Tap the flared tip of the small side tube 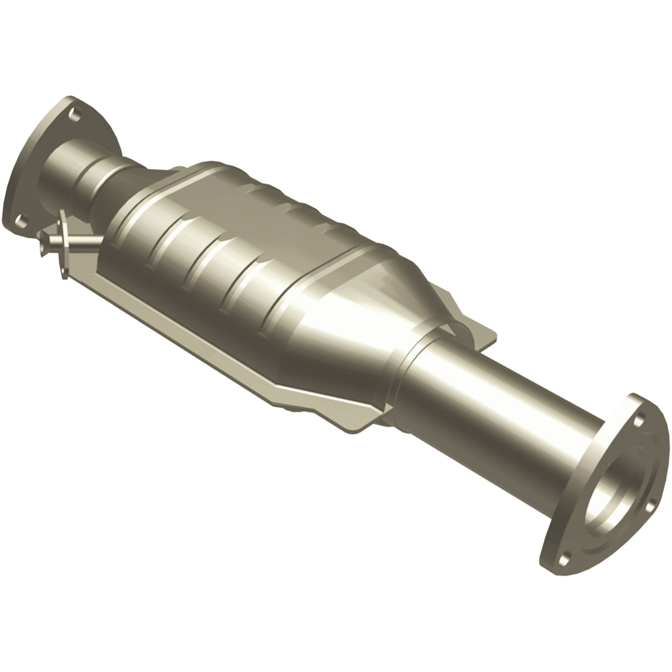[x=44, y=241]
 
